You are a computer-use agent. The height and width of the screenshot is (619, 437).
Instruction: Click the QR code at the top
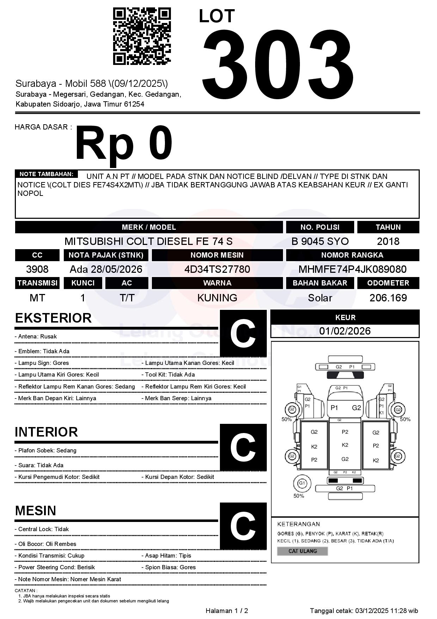pos(142,36)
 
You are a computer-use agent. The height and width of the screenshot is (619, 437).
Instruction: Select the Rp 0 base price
pos(124,143)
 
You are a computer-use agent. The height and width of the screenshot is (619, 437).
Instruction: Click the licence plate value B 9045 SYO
pos(320,241)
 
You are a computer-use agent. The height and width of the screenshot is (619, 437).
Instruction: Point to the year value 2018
pos(388,241)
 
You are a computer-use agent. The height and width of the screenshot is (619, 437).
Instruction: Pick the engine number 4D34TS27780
pos(217,269)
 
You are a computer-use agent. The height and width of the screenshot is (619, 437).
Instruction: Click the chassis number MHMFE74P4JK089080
pos(352,269)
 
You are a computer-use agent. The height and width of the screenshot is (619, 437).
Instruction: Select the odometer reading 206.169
pos(388,298)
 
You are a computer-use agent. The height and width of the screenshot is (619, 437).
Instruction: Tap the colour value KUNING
pos(217,298)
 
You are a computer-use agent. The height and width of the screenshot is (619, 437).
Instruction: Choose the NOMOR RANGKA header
pos(352,255)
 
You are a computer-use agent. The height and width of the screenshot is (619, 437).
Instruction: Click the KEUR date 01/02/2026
pos(345,331)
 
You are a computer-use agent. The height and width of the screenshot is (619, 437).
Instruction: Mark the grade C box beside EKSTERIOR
pos(243,333)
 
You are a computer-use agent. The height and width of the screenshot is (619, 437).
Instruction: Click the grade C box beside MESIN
pos(243,526)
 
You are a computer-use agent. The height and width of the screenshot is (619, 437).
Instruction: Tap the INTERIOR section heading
pos(46,432)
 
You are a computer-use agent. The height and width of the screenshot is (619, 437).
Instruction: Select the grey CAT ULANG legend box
pos(302,551)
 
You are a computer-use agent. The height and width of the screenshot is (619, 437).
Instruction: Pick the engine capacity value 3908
pos(37,269)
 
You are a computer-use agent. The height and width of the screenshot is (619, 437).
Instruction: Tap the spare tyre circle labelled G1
pos(302,483)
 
